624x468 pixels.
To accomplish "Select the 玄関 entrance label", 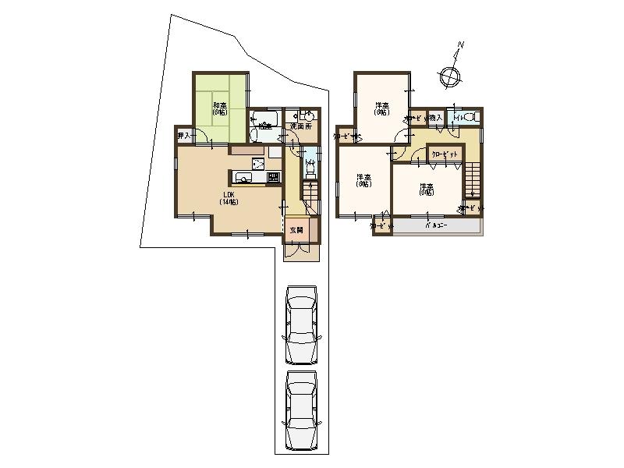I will tap(296, 230).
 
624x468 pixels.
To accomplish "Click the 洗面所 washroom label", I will tap(301, 126).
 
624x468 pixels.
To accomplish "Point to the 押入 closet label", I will tap(184, 136).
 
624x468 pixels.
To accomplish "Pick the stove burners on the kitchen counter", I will tap(273, 178).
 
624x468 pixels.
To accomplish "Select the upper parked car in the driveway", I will tap(302, 324).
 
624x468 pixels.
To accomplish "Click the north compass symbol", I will tap(450, 76).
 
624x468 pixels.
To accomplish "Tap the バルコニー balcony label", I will tap(436, 225).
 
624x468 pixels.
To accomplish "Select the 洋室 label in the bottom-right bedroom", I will tap(426, 190).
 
